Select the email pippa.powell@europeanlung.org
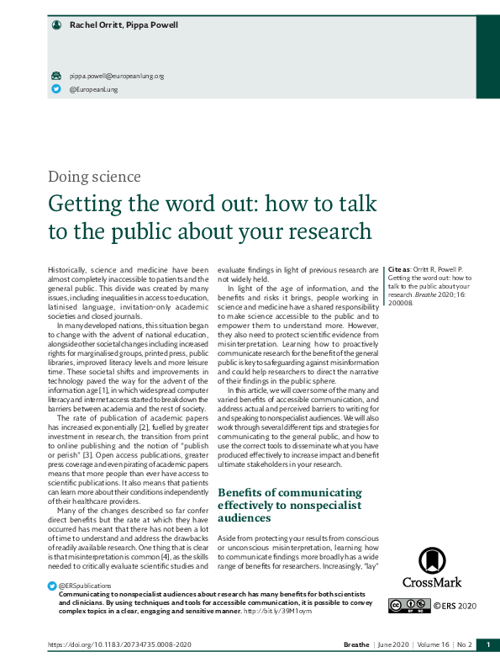click(x=116, y=76)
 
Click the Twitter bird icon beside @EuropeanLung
click(x=56, y=88)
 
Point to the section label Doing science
click(x=94, y=177)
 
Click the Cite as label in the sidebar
click(x=399, y=270)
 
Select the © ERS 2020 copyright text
click(x=455, y=605)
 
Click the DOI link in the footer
click(x=119, y=644)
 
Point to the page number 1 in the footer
click(x=487, y=644)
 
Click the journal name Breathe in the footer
click(x=356, y=644)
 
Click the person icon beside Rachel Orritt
click(x=56, y=25)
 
